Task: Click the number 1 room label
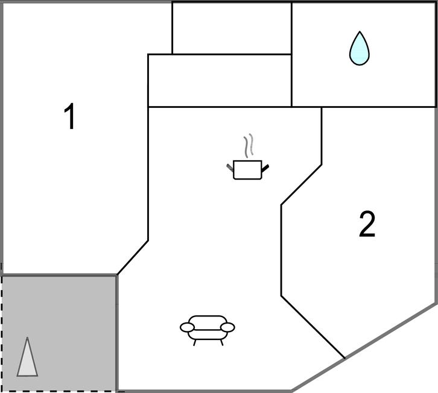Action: coord(69,116)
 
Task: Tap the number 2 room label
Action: coord(367,224)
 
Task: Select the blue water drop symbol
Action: coord(360,48)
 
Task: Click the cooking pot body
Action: coord(247,170)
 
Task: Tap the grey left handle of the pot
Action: coord(230,167)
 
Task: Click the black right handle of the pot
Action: coord(265,168)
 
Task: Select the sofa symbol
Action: coord(208,330)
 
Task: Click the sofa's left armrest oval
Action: coord(187,327)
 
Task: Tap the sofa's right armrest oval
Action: coord(227,327)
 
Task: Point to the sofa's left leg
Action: coord(195,342)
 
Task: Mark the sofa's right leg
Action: coord(222,342)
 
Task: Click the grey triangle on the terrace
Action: coord(27,357)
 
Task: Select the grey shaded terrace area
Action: coord(59,333)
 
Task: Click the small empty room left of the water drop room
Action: coord(232,28)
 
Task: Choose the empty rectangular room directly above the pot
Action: coord(220,81)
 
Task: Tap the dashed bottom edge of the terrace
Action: coord(59,391)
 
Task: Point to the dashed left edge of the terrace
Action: coord(2,333)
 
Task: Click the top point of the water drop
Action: coord(360,31)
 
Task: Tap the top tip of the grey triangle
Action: coord(27,337)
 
